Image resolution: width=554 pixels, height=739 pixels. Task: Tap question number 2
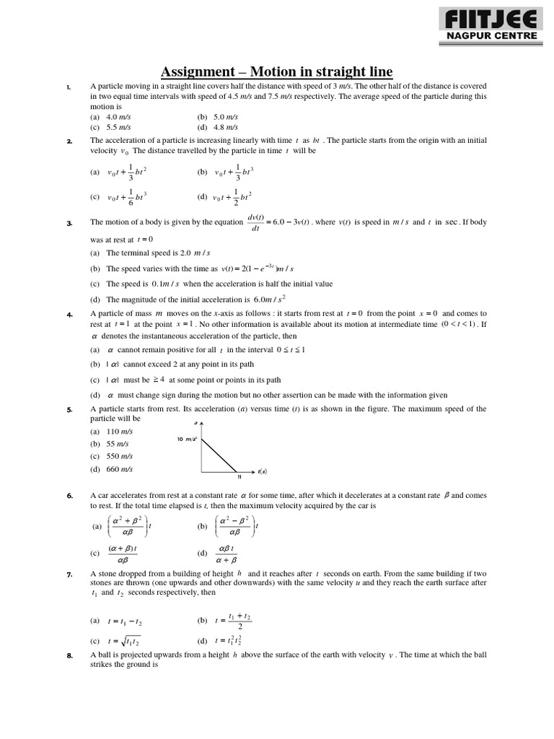[x=69, y=141]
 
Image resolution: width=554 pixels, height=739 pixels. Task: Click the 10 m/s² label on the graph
[x=187, y=439]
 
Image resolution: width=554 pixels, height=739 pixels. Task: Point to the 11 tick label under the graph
[x=239, y=476]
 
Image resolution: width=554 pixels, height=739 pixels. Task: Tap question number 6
[x=69, y=496]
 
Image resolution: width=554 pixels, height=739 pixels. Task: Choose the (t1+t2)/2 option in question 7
[x=234, y=620]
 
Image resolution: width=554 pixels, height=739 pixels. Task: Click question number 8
[x=69, y=655]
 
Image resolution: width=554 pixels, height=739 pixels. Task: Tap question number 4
[x=69, y=315]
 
